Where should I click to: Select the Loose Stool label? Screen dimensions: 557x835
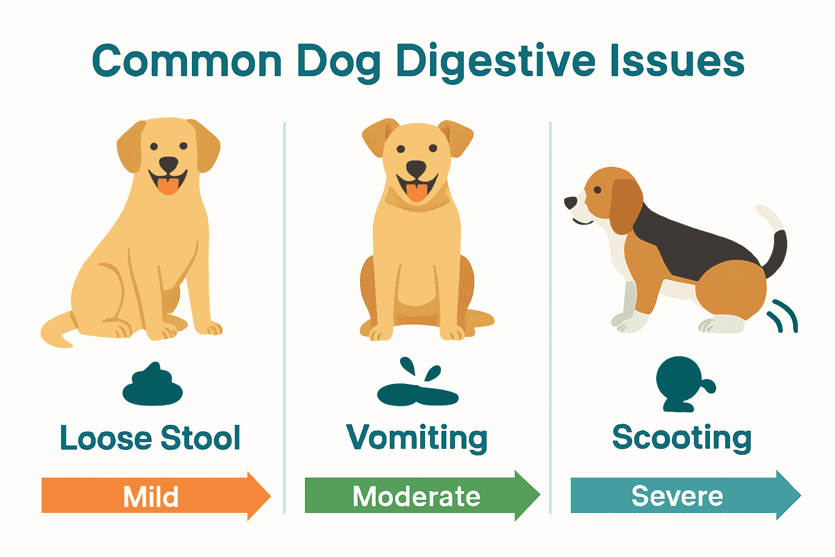pos(150,438)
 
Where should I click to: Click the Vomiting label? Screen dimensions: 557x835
pos(417,438)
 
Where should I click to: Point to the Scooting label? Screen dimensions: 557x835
pos(682,438)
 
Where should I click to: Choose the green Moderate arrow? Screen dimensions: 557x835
pos(417,496)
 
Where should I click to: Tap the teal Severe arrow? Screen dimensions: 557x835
pos(680,496)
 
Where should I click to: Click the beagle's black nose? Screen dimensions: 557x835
pos(570,203)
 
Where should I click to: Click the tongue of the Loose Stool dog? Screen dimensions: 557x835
pos(168,185)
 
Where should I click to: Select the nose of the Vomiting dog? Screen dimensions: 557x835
pos(416,168)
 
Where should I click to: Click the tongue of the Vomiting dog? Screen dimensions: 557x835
pos(417,192)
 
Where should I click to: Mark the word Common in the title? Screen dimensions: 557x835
pos(186,61)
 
